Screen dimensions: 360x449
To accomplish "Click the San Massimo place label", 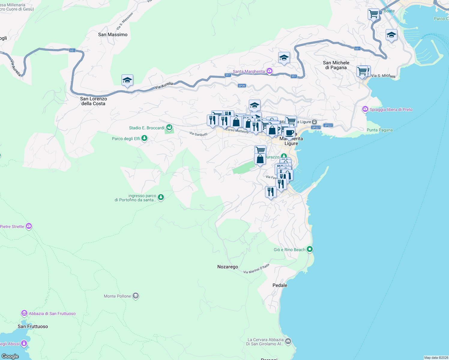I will pos(113,34).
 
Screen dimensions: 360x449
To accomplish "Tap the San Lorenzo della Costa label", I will pos(93,101).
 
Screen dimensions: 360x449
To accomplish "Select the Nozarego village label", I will pos(228,267).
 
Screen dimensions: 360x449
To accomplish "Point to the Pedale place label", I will pos(280,285).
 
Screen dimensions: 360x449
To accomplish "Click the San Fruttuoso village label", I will pos(33,326).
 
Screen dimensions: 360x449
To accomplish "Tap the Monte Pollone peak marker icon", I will pos(136,296).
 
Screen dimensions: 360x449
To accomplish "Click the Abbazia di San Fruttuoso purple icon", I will pos(24,313).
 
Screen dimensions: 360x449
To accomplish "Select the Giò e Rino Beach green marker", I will pos(310,249).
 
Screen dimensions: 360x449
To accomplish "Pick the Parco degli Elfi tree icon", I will pos(145,138).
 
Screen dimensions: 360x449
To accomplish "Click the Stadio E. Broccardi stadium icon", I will pos(169,128).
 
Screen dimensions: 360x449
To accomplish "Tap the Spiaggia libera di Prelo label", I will pos(391,109).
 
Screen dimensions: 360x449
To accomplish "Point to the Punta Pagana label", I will pos(379,130).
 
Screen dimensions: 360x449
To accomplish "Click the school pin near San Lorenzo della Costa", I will pos(127,80).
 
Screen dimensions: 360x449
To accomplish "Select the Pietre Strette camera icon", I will pos(29,226).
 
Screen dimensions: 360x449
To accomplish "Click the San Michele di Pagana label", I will pos(336,65).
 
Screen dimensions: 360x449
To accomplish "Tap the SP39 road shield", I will pos(242,85).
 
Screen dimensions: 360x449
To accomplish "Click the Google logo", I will pos(10,356).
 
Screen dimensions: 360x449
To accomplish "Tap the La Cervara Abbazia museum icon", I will pos(288,341).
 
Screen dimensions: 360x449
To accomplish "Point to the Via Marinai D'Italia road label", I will pos(256,269).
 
